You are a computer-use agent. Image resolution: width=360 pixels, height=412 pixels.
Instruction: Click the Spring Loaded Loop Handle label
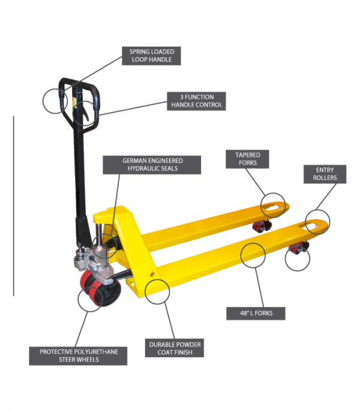point(152,56)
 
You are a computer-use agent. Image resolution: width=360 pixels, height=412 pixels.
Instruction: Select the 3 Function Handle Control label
point(197,101)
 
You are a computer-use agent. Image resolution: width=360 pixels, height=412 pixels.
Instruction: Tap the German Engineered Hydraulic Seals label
point(152,165)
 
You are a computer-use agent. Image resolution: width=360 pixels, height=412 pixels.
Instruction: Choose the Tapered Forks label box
point(247,159)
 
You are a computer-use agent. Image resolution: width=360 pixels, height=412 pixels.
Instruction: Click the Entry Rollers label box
point(325,174)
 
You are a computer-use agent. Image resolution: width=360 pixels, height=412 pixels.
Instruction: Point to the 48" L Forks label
point(256,314)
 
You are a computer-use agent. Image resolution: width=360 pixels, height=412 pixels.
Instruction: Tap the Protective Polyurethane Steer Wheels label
point(79,356)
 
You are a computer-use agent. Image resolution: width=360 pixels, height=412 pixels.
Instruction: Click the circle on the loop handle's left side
point(53,100)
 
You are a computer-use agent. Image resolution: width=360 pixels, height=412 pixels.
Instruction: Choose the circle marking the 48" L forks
point(253,255)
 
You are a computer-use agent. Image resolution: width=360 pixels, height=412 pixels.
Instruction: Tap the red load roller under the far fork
point(262,227)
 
